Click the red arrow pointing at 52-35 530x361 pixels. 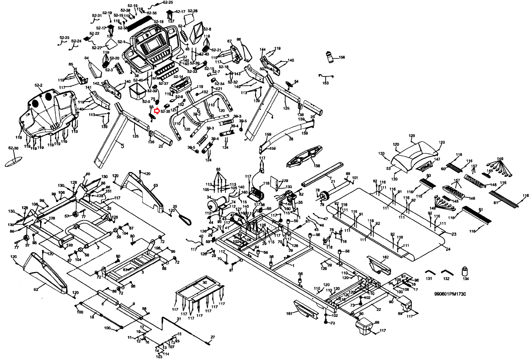pos(158,111)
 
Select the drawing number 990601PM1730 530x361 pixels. pos(450,294)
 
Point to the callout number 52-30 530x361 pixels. pos(13,148)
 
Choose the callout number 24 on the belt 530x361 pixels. pos(448,249)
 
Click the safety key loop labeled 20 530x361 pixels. pos(184,219)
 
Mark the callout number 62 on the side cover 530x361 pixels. pos(36,289)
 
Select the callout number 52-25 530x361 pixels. pos(168,2)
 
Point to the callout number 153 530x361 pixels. pos(326,83)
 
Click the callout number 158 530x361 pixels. pos(317,166)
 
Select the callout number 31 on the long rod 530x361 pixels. pos(179,319)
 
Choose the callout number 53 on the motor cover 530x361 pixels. pos(388,169)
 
